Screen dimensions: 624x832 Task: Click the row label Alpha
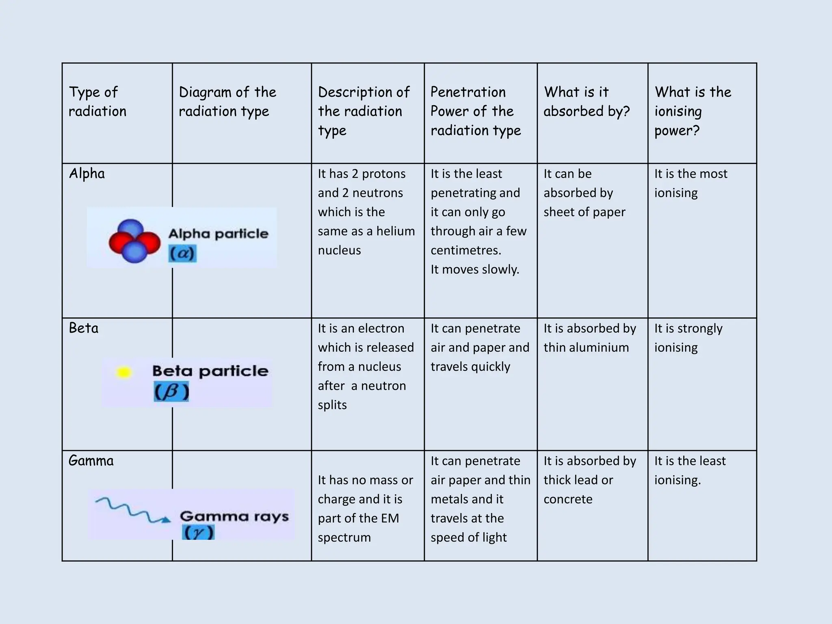[x=87, y=174]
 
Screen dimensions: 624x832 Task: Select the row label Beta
[x=83, y=328]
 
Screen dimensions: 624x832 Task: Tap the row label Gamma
[x=91, y=461]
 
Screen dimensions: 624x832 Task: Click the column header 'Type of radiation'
[x=97, y=102]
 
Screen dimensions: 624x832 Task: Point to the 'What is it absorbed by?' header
[x=586, y=102]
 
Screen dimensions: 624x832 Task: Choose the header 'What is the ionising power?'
[x=692, y=111]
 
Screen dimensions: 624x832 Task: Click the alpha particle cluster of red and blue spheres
[x=134, y=241]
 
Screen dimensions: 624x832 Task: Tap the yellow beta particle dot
[x=123, y=372]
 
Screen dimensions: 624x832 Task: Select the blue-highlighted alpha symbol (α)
[x=182, y=253]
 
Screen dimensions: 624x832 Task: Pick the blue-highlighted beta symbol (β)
[x=171, y=392]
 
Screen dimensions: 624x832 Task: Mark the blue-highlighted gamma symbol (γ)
[x=198, y=532]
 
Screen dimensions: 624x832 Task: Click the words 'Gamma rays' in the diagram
[x=234, y=516]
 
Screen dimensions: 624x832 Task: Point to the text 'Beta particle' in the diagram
[x=210, y=371]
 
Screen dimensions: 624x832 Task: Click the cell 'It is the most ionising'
[x=690, y=183]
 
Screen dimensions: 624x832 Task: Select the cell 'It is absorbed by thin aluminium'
[x=589, y=338]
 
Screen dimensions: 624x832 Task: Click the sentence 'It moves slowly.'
[x=475, y=269]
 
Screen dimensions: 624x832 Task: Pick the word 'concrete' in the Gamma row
[x=568, y=499]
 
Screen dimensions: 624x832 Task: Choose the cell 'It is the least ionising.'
[x=689, y=470]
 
